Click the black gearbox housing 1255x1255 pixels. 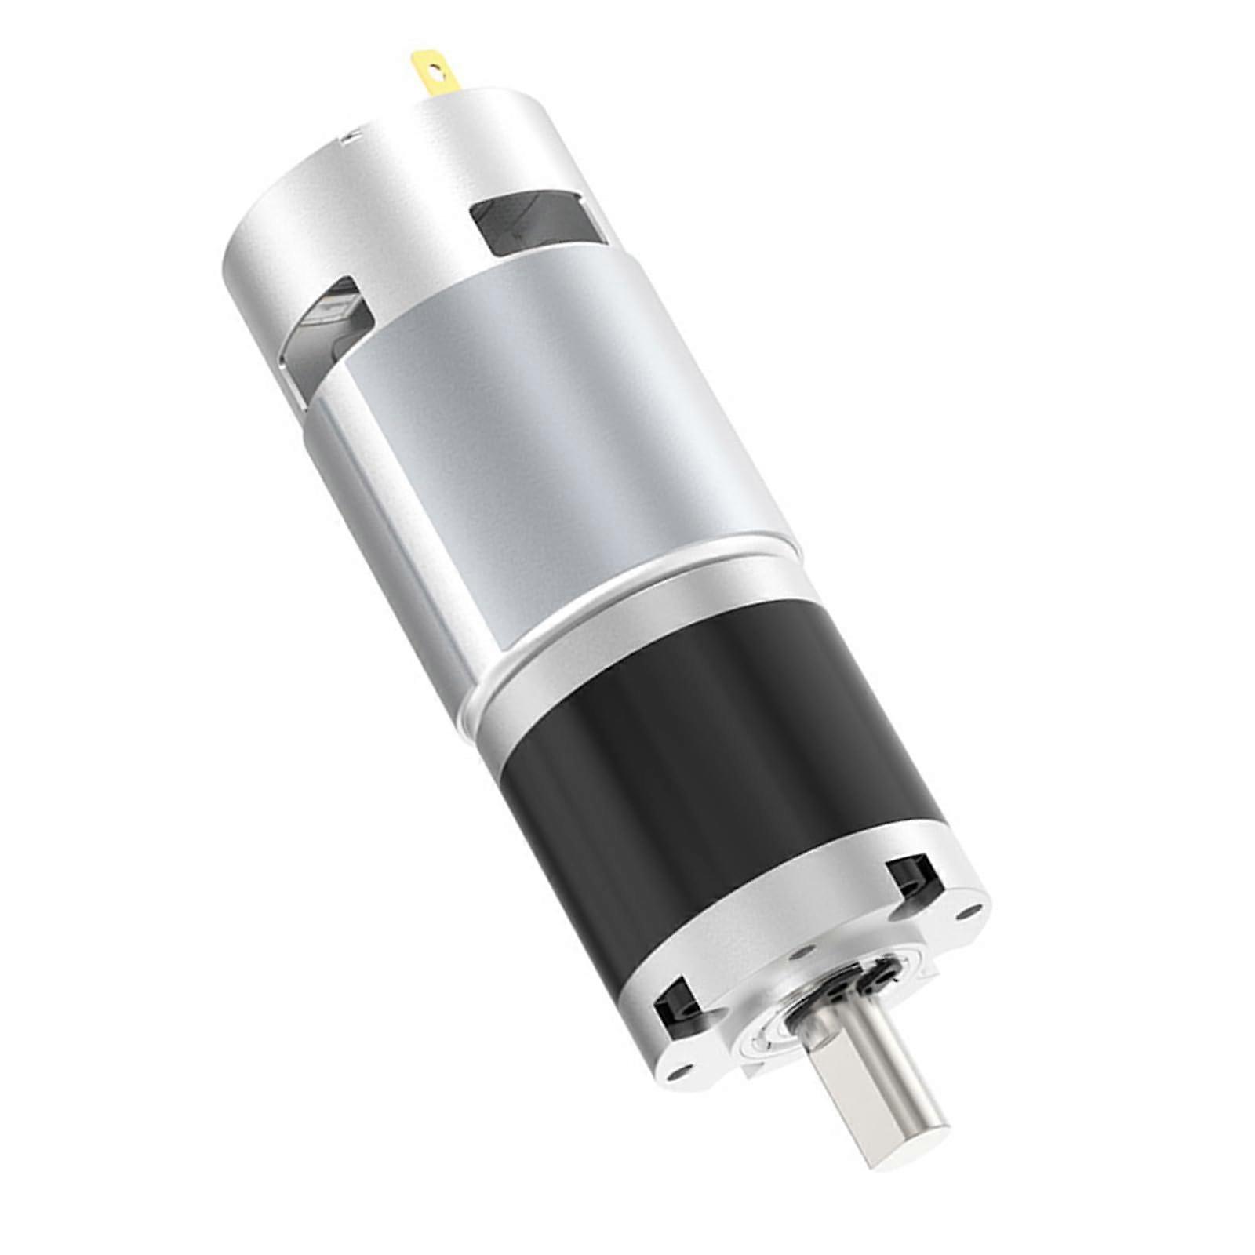tap(706, 777)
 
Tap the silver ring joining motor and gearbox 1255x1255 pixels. tap(627, 627)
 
